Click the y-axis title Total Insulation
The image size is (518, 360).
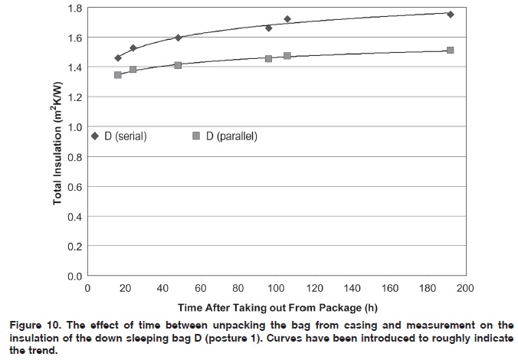(57, 142)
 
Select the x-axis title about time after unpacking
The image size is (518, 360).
(276, 306)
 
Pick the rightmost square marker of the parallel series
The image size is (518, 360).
(451, 51)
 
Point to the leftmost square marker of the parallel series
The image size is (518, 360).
(118, 75)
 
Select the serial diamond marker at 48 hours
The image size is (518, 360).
(178, 38)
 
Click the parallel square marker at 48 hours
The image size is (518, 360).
(178, 65)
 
